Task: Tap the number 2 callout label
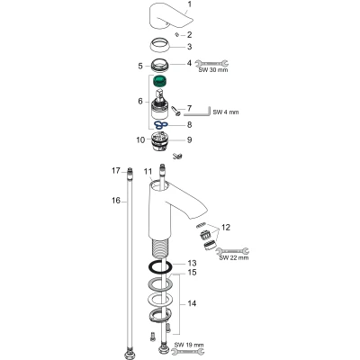pos(189,35)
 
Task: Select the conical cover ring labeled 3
pos(159,46)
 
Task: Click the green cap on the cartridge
pos(159,82)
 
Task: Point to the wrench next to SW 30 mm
pos(211,63)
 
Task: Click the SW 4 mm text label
pos(226,112)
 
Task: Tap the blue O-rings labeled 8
pos(160,124)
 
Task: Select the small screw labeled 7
pos(175,110)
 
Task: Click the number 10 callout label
pos(140,139)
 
